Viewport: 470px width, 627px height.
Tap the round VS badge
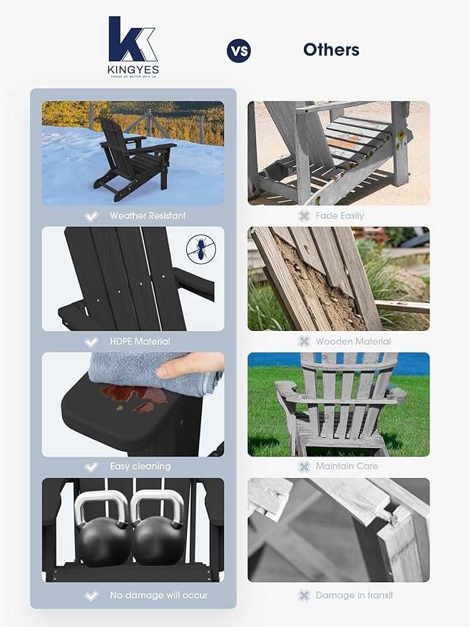point(238,51)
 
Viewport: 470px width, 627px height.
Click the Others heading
point(331,50)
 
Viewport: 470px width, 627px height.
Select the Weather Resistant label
point(147,215)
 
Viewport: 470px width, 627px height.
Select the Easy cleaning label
point(140,467)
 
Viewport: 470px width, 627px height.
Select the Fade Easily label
point(340,215)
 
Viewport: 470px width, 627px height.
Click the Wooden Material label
point(353,341)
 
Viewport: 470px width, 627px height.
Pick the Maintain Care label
point(347,467)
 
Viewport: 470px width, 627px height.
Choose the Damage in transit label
point(354,595)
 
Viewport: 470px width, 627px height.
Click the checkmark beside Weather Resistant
point(91,215)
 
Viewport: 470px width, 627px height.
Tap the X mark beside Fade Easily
point(304,215)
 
